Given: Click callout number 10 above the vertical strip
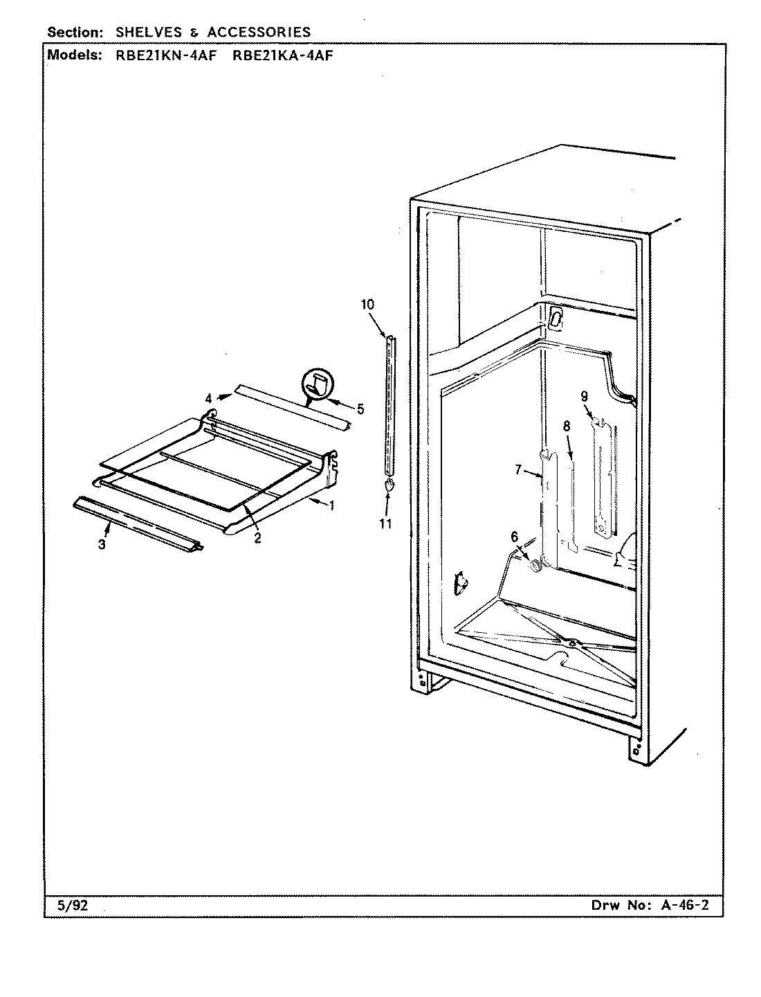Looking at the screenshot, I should pyautogui.click(x=367, y=303).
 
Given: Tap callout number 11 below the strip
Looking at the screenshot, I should pyautogui.click(x=385, y=523).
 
